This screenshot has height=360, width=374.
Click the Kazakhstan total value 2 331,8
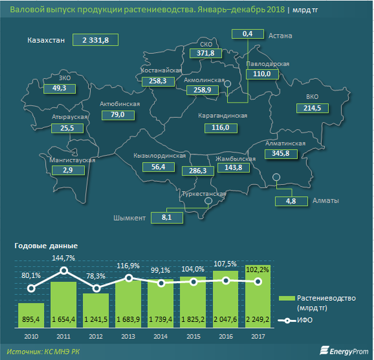pos(95,40)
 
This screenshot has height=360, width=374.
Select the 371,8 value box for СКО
pos(205,53)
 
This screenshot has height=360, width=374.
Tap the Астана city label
pos(280,36)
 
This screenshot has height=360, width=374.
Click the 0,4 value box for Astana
pos(248,34)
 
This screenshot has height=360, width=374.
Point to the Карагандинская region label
pos(223,115)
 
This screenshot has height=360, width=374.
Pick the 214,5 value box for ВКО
pos(313,108)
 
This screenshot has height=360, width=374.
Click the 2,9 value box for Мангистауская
pos(68,170)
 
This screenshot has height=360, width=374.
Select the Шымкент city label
pos(130,218)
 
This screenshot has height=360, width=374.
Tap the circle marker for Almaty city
pos(276,177)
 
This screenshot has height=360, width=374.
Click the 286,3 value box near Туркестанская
pos(198,171)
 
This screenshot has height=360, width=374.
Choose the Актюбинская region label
pos(120,104)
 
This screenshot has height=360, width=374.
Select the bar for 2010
pos(31,315)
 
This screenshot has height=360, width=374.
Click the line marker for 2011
pos(63,271)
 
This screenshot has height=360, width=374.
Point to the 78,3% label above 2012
pos(96,276)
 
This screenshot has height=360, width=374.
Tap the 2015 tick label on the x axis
pos(193,337)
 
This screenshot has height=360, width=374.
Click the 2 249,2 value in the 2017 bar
pos(257,319)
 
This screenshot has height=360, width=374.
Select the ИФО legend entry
pos(295,320)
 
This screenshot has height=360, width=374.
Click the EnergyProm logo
pos(344,351)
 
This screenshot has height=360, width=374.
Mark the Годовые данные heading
pos(46,246)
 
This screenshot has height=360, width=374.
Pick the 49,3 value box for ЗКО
pos(60,89)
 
